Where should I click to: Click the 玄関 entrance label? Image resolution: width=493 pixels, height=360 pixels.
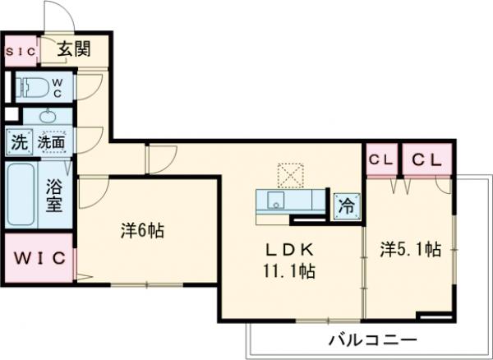tap(73, 50)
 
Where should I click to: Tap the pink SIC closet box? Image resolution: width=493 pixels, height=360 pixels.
tap(21, 52)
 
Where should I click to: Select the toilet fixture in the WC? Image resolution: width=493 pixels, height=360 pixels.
tap(34, 85)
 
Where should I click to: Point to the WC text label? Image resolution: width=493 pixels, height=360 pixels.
tap(58, 86)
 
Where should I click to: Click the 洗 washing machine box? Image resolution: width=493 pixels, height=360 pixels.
tap(18, 142)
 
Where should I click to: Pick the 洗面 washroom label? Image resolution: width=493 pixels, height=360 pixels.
tap(52, 142)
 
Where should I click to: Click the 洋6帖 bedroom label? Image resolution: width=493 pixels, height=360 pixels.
tap(142, 231)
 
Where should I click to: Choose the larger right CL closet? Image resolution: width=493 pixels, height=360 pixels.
tap(426, 159)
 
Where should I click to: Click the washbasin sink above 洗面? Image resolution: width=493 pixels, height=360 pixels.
tap(51, 115)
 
